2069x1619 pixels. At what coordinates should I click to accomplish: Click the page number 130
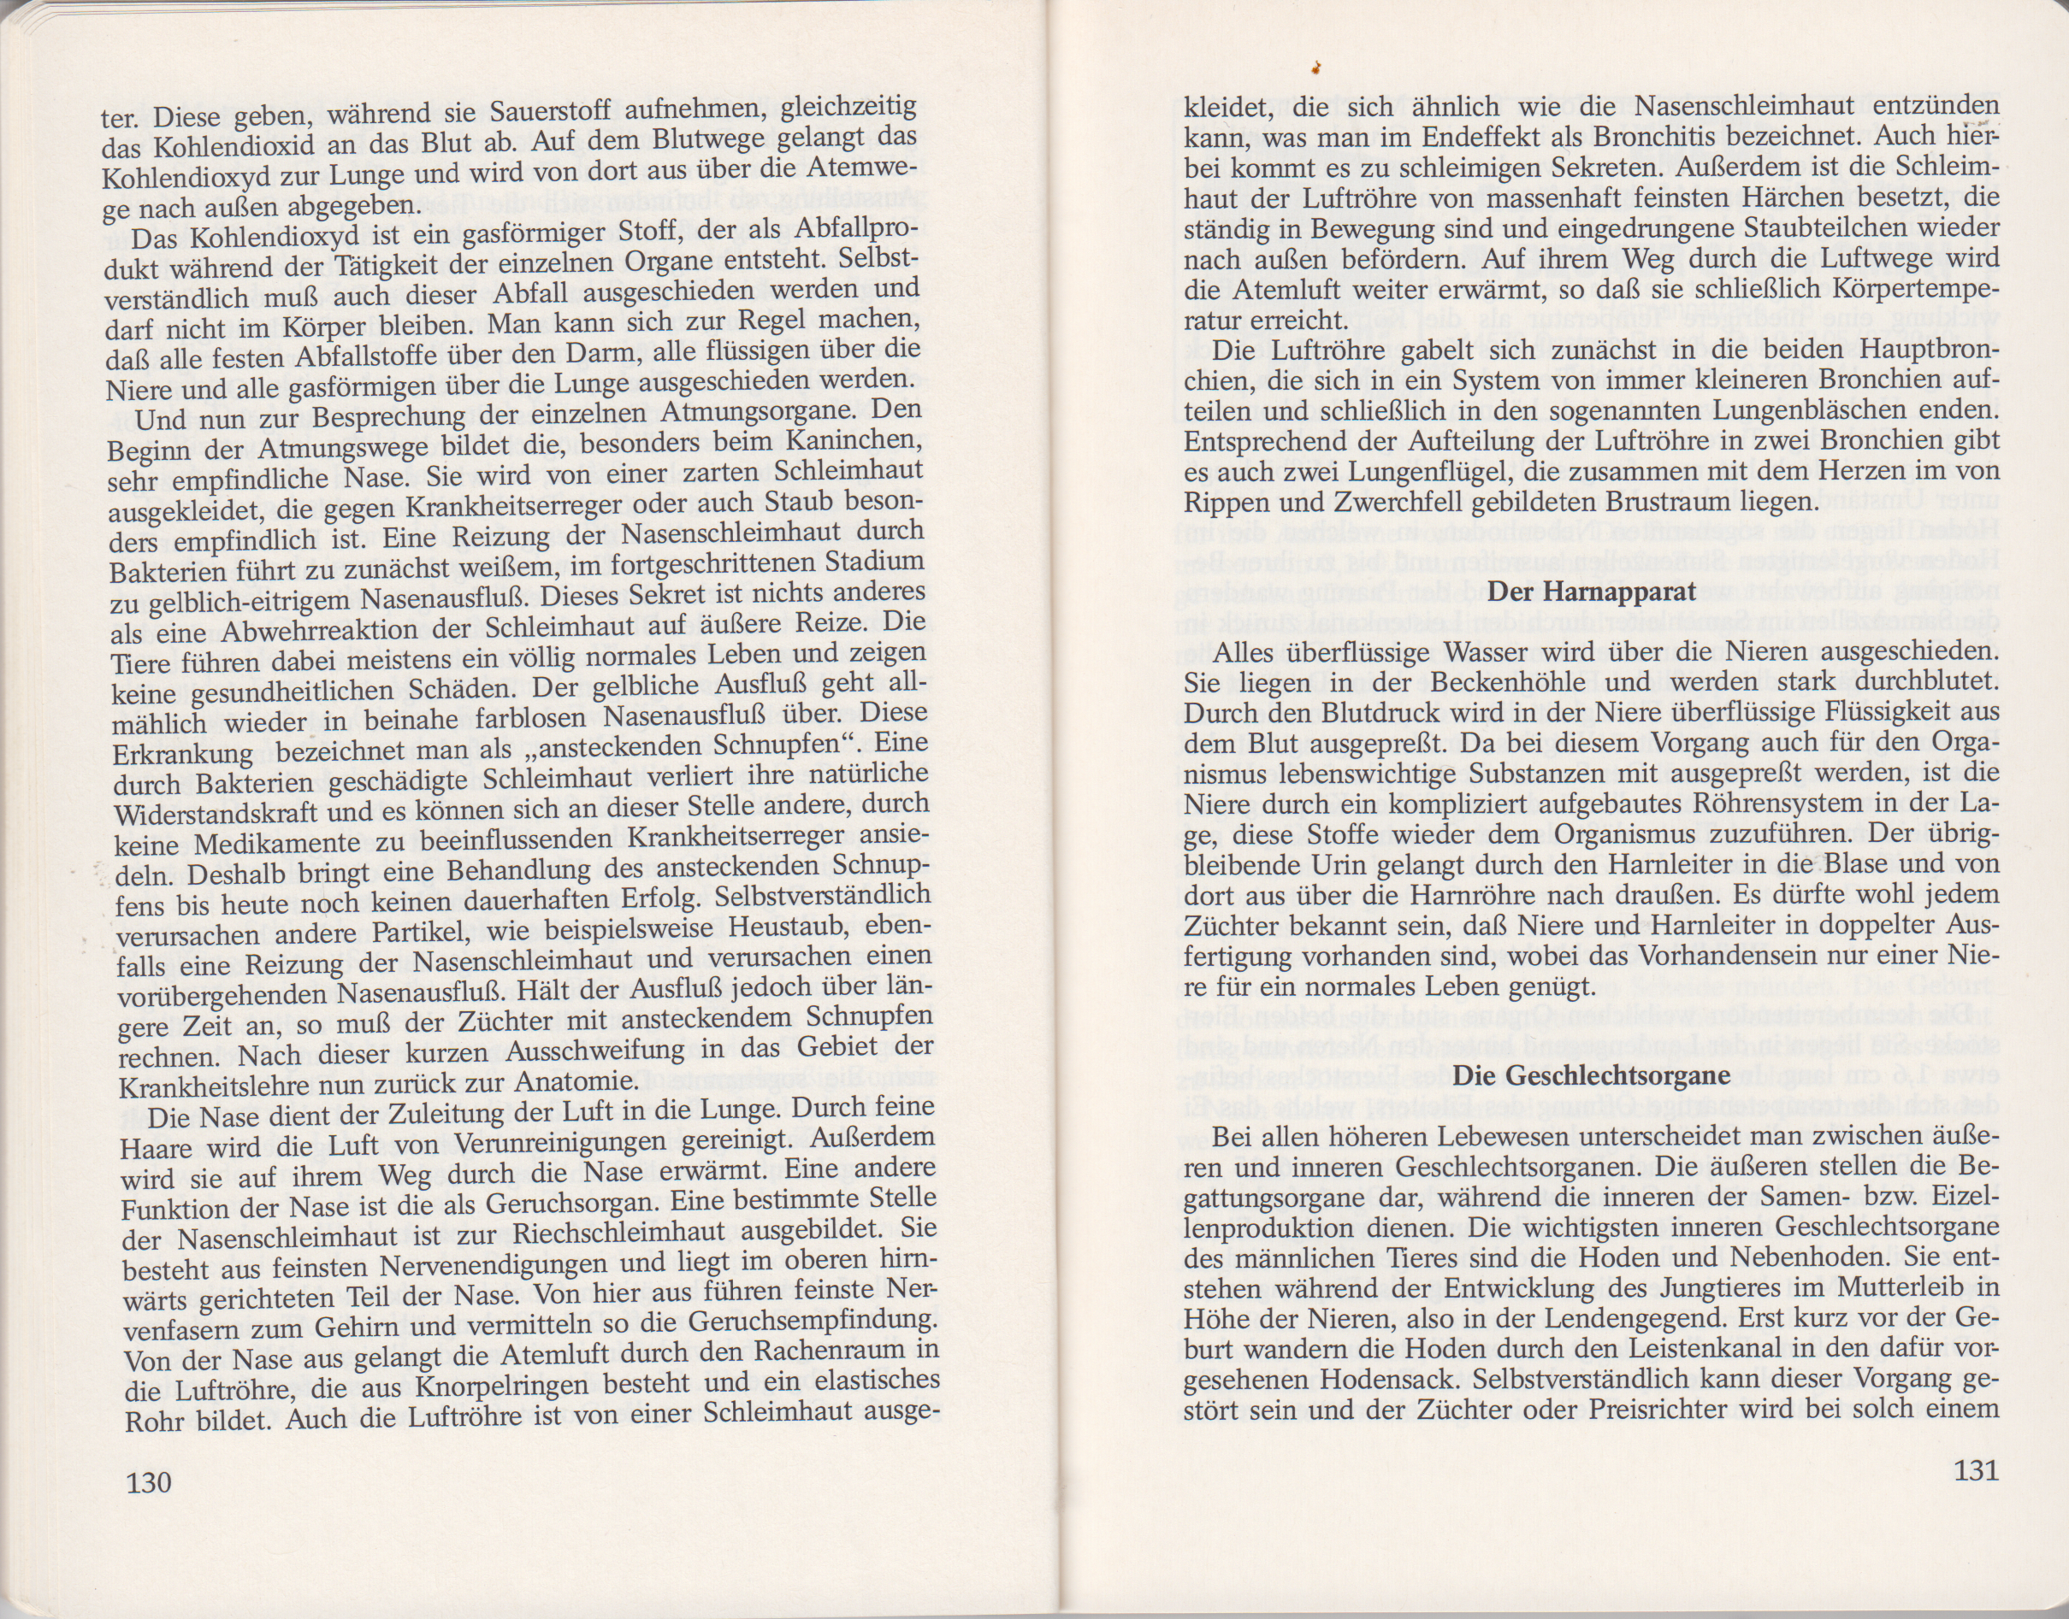coord(149,1481)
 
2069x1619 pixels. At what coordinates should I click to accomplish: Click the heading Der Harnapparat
coord(1592,592)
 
